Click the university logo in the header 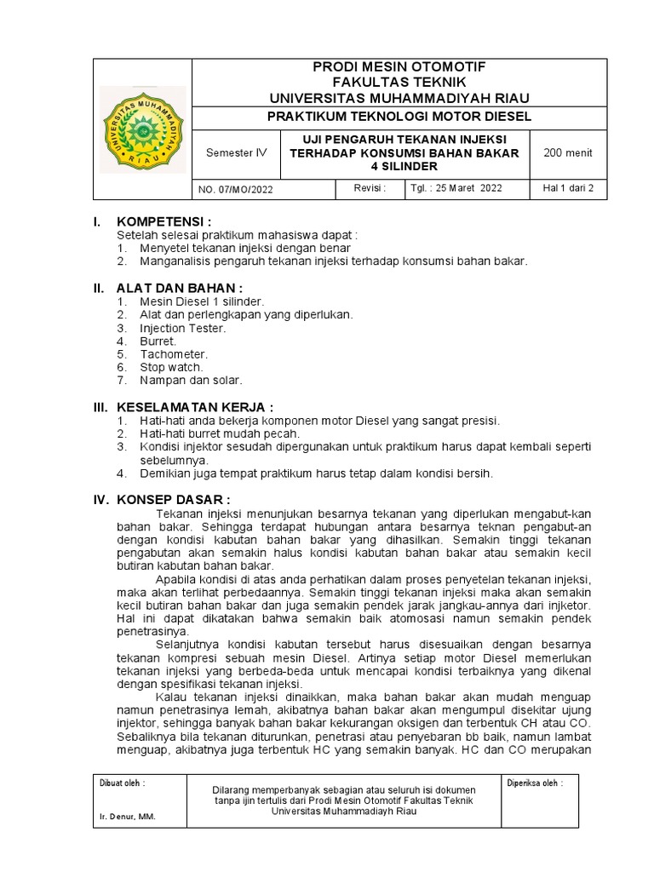(x=142, y=129)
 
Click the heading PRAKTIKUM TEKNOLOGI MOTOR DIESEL (x=399, y=116)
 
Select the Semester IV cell (x=237, y=153)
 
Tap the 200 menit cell (x=567, y=153)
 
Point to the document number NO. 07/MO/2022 (x=236, y=189)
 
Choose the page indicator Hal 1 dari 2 (x=568, y=188)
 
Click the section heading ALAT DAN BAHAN (x=180, y=287)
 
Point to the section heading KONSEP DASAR (x=174, y=499)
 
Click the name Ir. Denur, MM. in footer (x=128, y=817)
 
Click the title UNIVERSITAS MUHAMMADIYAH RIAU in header (x=399, y=95)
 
